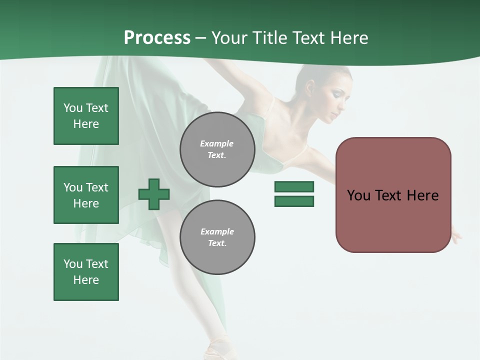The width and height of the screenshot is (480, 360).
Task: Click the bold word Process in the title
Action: (x=157, y=38)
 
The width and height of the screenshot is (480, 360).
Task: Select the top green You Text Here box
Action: (x=86, y=116)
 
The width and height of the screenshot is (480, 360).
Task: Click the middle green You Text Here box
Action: (x=86, y=195)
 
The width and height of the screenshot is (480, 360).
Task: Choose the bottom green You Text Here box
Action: (x=86, y=272)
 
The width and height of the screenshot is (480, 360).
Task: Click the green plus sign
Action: (x=154, y=193)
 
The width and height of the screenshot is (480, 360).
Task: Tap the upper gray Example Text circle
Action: (x=217, y=149)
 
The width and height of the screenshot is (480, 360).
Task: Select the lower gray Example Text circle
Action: (x=217, y=237)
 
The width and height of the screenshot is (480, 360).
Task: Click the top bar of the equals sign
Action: (x=294, y=186)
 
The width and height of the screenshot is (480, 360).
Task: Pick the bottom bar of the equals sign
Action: (x=294, y=201)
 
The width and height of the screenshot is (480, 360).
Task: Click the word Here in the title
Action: (x=349, y=38)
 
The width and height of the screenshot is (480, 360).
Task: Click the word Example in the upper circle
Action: (x=217, y=143)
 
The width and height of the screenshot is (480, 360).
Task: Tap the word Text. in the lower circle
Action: (x=217, y=243)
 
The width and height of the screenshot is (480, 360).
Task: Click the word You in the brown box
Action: (x=358, y=195)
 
